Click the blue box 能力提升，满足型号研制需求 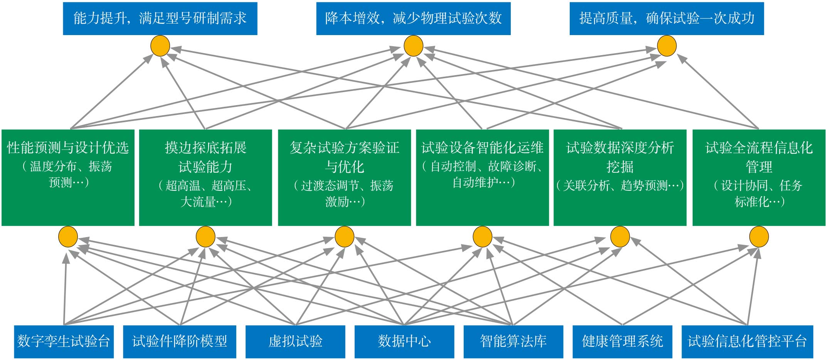point(160,19)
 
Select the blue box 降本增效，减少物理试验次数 point(413,19)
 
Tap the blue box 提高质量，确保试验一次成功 point(666,19)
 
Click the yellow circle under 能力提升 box point(160,46)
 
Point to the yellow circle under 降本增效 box point(413,46)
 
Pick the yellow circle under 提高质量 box point(666,46)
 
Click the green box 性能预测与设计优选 point(68,177)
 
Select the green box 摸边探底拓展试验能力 point(205,177)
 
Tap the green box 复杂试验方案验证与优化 point(344,177)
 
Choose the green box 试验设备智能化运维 point(482,177)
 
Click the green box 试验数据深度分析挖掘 point(620,177)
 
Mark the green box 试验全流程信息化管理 point(759,177)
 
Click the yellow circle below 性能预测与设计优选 point(68,237)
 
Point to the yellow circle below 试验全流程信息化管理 point(759,237)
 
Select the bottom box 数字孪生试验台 point(64,341)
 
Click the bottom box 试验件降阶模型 point(180,341)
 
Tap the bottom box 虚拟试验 point(295,341)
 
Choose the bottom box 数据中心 point(404,341)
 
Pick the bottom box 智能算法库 point(513,341)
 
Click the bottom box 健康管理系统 point(622,341)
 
